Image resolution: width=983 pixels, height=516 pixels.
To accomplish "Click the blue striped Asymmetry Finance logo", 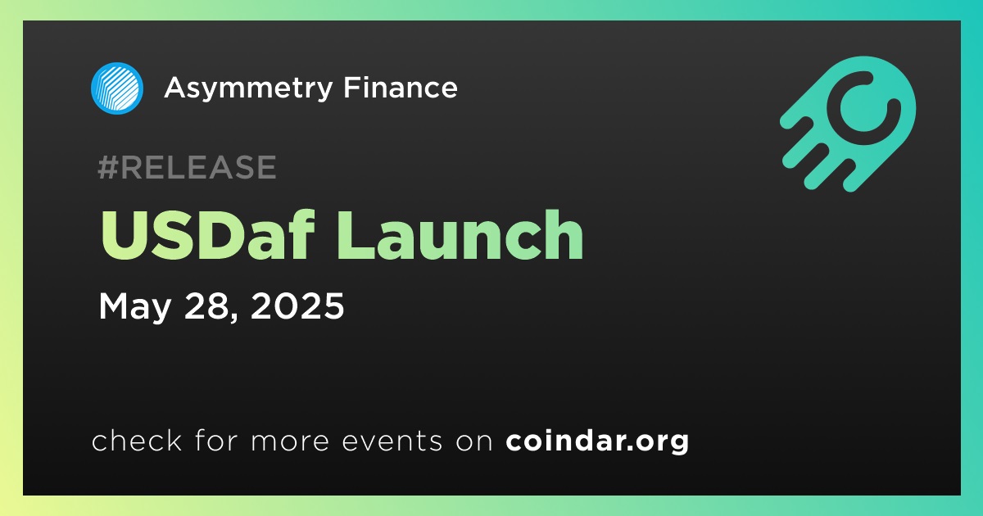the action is coord(116,88).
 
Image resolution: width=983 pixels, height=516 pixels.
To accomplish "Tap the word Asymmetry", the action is coord(248,88).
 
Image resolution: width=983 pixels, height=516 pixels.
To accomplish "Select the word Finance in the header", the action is coord(401,88).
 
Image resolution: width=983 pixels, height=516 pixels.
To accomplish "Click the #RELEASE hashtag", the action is coord(187,167).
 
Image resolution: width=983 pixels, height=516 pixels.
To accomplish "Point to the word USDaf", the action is coord(207,235).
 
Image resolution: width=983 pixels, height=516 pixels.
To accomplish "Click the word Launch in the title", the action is coord(460,235).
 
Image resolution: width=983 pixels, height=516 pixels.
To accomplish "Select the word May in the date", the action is coord(134,307).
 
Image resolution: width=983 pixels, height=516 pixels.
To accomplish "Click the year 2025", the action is coord(297,306).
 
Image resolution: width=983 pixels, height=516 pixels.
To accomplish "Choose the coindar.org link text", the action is coord(597,441).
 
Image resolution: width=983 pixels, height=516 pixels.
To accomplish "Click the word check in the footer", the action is coord(137,440).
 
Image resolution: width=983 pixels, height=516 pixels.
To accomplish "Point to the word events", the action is coord(392,441).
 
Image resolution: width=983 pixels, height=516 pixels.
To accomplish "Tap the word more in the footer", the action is coord(290,441).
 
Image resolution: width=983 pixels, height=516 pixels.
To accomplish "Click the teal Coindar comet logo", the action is coord(848,124).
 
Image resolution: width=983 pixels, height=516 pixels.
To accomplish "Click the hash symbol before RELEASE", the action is coord(108,167).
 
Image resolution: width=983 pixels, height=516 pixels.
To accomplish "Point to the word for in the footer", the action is coord(216,440).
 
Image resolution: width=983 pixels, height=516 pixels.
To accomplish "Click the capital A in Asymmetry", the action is coord(176,88).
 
